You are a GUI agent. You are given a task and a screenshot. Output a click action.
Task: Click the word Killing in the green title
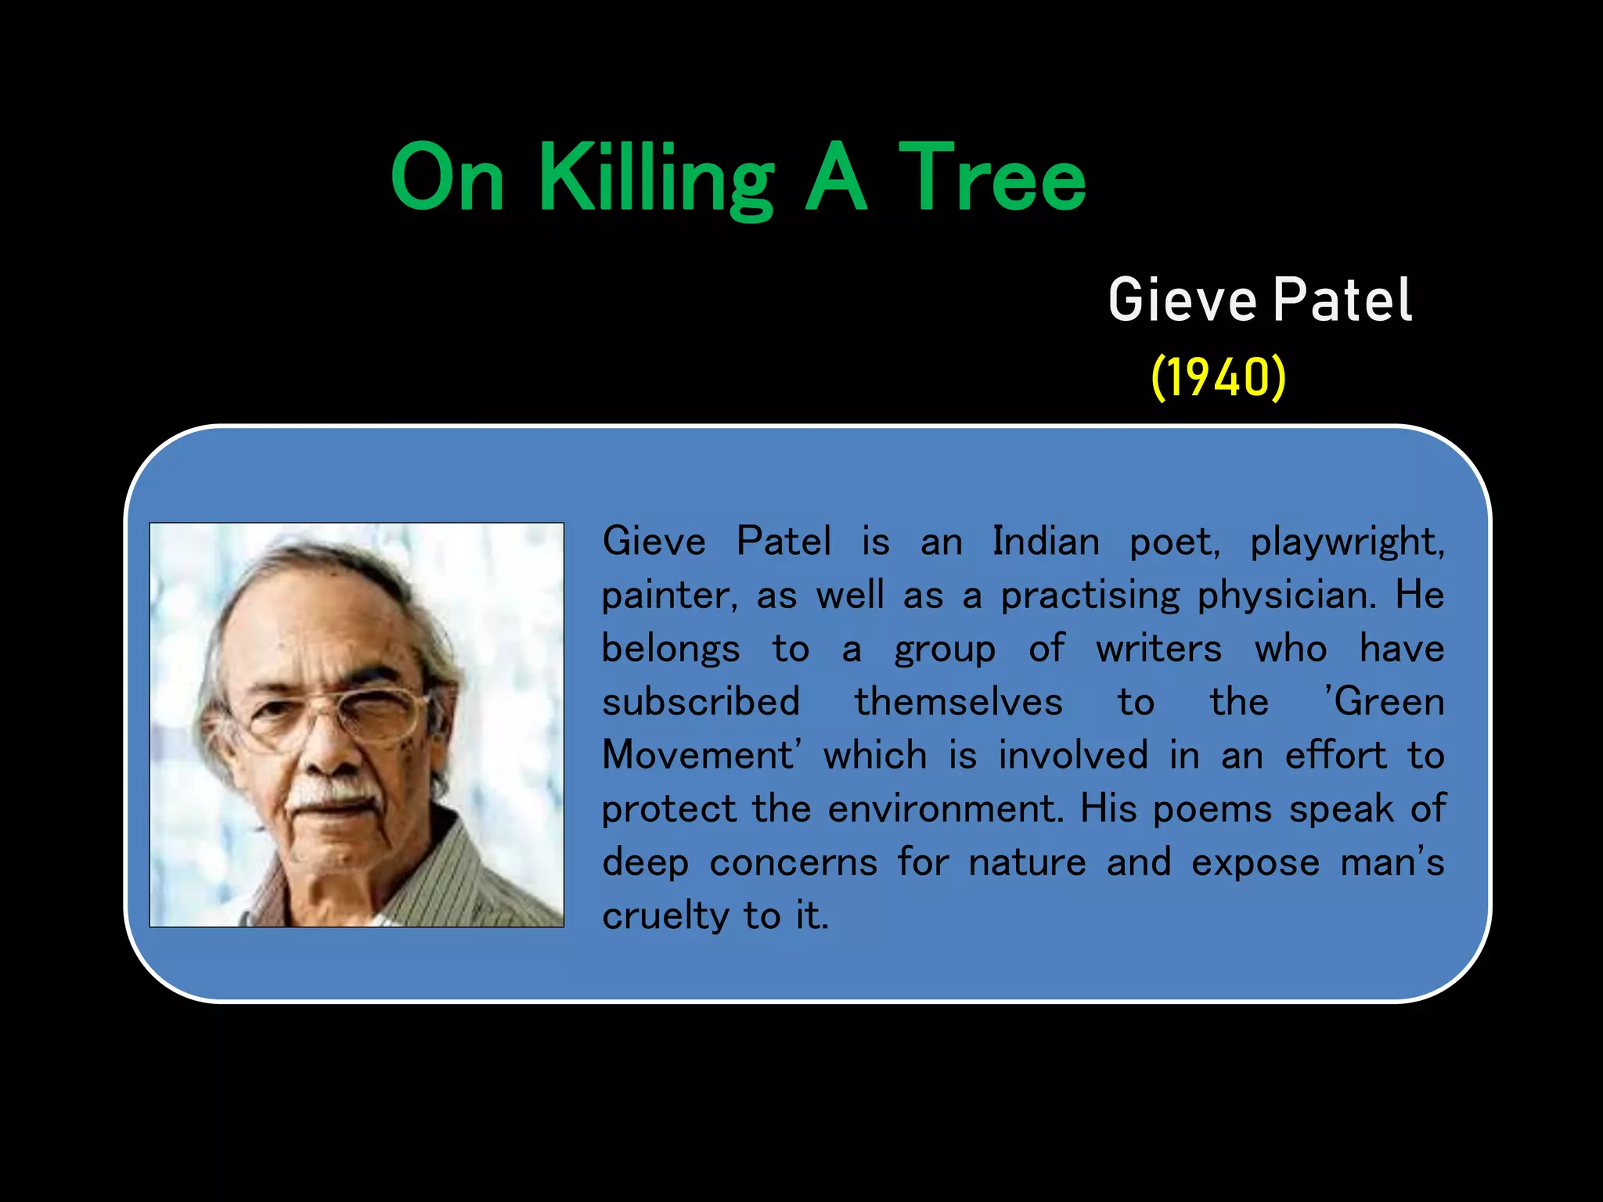656,178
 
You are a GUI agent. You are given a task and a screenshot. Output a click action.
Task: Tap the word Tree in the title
992,178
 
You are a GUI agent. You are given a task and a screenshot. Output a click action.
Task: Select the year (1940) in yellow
1219,377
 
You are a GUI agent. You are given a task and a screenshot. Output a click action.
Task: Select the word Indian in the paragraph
1046,542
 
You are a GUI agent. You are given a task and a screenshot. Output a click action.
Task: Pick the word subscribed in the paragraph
701,702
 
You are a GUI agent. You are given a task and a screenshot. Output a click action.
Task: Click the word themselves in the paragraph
958,702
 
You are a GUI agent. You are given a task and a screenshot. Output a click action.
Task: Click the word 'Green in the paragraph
1383,702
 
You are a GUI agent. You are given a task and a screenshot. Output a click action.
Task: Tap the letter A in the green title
837,178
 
